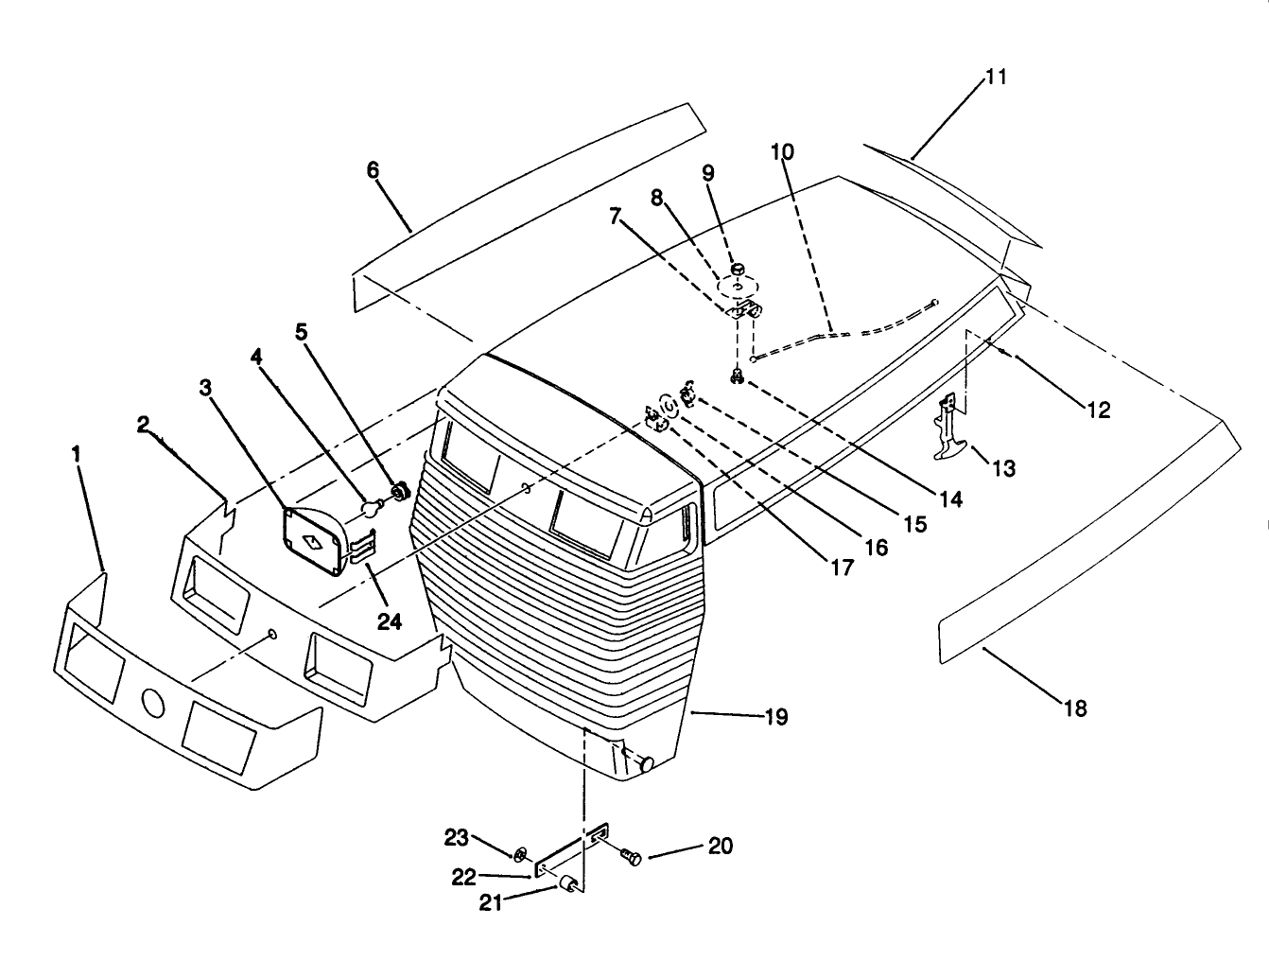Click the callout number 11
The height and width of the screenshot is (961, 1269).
click(x=996, y=77)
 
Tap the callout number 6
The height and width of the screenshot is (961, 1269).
click(x=373, y=170)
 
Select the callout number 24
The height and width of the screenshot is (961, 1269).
click(x=389, y=622)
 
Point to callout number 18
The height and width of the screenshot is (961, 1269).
click(x=1075, y=708)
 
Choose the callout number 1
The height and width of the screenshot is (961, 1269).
click(x=76, y=454)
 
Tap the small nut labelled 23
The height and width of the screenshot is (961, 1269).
click(x=520, y=853)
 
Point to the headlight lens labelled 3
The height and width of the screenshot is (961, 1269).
click(x=313, y=541)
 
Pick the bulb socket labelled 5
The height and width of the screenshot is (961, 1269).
click(x=399, y=492)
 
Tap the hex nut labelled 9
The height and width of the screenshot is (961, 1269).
click(x=738, y=269)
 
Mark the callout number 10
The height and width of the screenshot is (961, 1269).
click(x=782, y=151)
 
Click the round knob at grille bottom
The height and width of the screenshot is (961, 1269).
click(x=647, y=764)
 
